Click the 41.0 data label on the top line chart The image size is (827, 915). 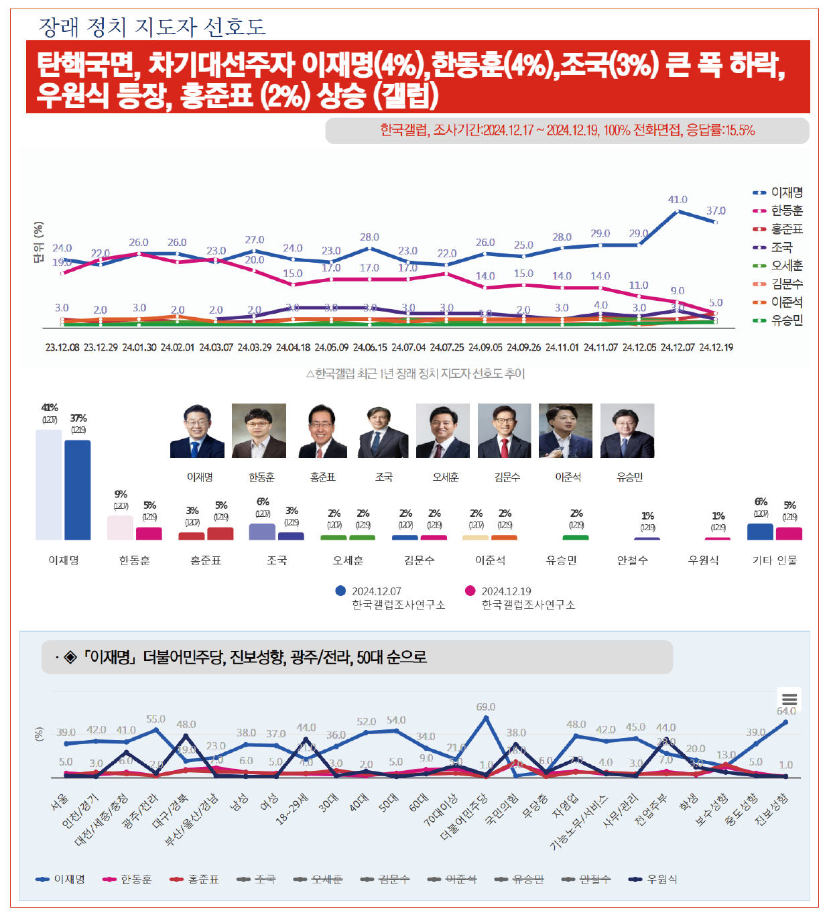pos(678,200)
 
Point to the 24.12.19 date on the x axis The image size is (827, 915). pos(716,347)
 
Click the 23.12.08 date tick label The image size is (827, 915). pos(62,347)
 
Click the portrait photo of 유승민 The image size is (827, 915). pos(627,430)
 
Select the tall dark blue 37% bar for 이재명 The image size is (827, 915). pos(78,490)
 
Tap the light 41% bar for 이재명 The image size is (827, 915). pos(49,485)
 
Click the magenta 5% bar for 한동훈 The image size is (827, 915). pos(149,534)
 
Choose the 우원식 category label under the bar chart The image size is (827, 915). pos(704,560)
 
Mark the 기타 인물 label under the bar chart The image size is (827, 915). pos(775,560)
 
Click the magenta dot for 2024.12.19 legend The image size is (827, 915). pos(470,591)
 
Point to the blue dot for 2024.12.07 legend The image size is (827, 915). pos(340,591)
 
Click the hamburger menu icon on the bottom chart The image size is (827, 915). pos(789,698)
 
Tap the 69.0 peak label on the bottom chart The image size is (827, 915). pos(486,707)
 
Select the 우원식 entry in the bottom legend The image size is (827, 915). pos(654,879)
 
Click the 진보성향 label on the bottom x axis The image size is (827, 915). pos(772,810)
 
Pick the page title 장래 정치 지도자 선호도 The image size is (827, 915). pos(152,27)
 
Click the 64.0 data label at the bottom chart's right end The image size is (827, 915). pos(786,711)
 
